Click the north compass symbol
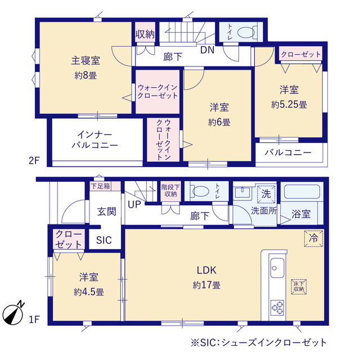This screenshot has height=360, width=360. point(13,314)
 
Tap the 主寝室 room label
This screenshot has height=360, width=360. point(85,61)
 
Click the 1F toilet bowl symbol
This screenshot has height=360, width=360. point(200,191)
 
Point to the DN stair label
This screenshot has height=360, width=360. point(208,50)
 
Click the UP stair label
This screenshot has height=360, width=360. point(134,204)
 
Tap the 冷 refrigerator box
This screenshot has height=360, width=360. point(314,238)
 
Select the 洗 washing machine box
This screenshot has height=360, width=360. point(266,194)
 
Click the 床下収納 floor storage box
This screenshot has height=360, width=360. point(299,286)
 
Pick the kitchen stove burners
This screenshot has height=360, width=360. point(277,308)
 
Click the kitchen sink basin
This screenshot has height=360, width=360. point(277,268)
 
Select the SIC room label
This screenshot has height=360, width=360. point(104,240)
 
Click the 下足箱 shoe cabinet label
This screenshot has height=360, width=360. point(101,186)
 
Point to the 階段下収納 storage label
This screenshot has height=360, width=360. point(170,191)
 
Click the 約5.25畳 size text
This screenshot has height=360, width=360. point(289,105)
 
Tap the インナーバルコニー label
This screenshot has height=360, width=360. point(95,140)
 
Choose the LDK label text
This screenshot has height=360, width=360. point(206,270)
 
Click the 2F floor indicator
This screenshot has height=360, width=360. point(34,160)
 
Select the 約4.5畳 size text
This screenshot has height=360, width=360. point(89,292)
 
